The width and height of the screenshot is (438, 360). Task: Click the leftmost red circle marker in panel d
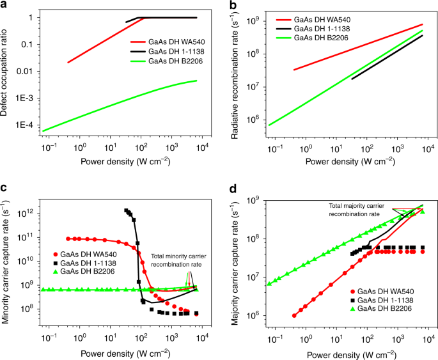294,315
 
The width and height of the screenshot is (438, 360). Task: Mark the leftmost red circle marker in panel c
69,239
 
